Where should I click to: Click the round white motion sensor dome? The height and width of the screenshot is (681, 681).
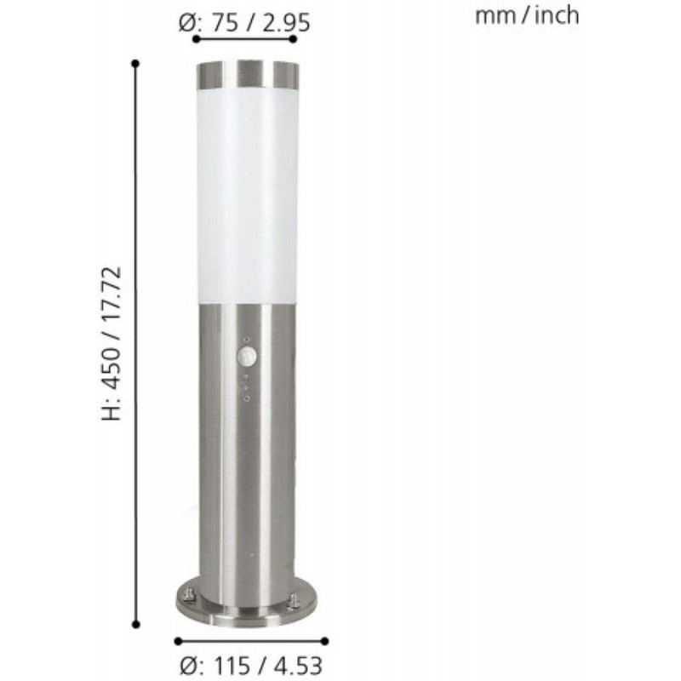coord(247,357)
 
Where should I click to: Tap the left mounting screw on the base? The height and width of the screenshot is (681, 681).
coord(188,594)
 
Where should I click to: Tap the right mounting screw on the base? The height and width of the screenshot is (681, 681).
coord(294,600)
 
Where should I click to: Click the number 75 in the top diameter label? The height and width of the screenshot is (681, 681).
coord(226,23)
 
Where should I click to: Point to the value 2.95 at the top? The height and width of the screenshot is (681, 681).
coord(286,23)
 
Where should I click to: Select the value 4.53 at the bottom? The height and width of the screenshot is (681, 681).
coord(299,666)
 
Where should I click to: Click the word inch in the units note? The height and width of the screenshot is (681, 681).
coord(557,16)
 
